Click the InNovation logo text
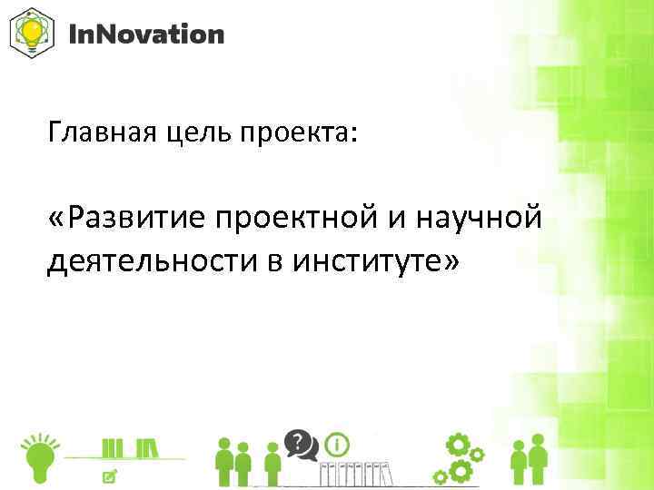pos(146,35)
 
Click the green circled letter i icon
pos(338,445)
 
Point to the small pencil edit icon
pos(110,475)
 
